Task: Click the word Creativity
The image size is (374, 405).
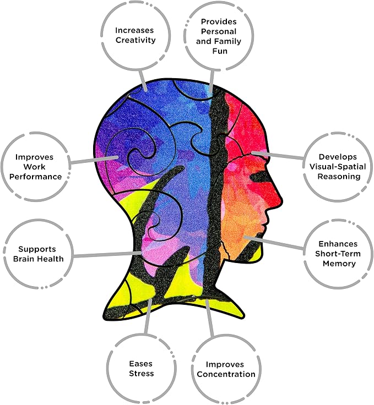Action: coord(135,40)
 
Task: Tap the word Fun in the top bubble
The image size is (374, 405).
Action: coord(220,51)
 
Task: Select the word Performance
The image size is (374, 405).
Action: coord(36,177)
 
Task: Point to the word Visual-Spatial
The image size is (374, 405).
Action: coord(338,167)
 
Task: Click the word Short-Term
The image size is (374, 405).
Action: coord(338,254)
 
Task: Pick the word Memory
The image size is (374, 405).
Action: coord(339,264)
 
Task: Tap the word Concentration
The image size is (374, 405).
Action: coord(226,374)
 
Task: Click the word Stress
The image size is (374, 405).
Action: coord(142,374)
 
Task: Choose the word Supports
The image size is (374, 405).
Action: coord(37,249)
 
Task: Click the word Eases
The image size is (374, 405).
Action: coord(140,364)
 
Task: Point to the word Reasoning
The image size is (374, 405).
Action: coord(339,177)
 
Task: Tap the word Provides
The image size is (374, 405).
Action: coord(219,21)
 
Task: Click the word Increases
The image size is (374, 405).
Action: coord(134,30)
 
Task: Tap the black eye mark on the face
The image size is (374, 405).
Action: coord(260,177)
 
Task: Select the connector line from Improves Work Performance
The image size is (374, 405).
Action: coord(94,160)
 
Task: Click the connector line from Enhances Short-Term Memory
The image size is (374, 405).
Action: coord(274,243)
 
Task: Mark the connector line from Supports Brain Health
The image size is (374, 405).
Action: coord(107,254)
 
